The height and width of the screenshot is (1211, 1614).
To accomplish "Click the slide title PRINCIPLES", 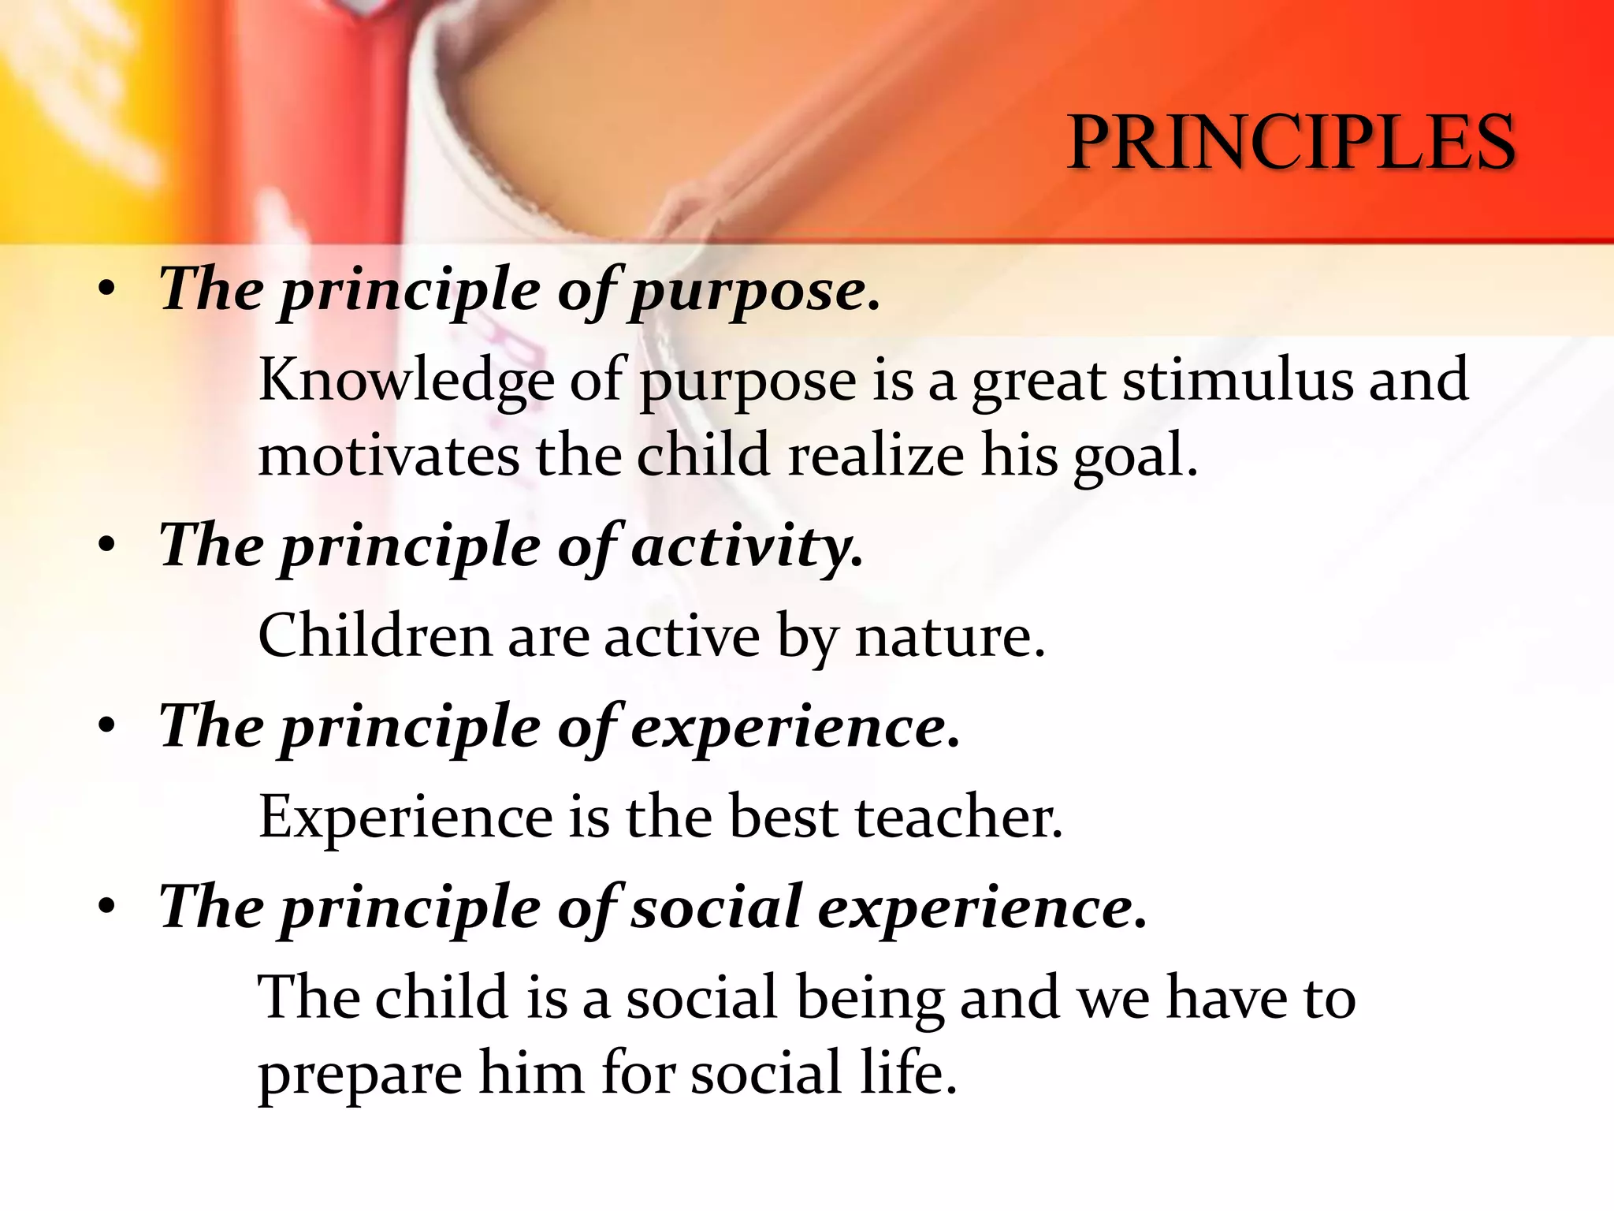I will (x=1291, y=143).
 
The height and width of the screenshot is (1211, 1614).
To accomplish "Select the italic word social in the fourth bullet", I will (x=716, y=907).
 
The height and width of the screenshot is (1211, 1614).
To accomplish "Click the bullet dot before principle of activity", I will (x=107, y=546).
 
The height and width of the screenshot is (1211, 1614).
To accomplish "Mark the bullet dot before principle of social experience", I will (x=107, y=907).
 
